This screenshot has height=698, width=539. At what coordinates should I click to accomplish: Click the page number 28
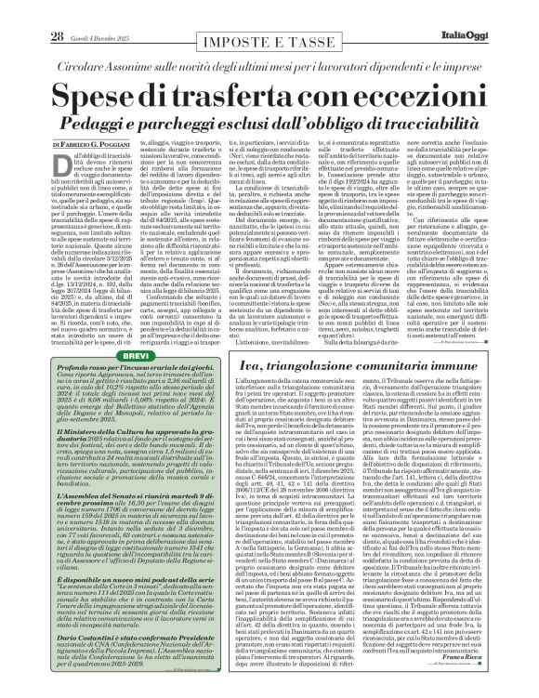[31, 11]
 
